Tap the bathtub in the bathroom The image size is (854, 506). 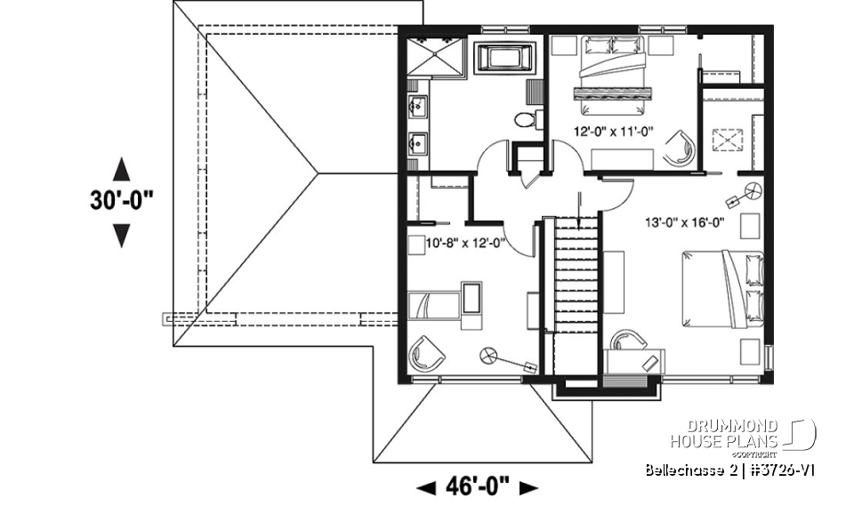pos(505,60)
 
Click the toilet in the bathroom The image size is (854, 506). pos(526,120)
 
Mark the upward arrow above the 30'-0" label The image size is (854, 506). pos(122,169)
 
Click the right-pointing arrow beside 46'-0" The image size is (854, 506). pos(528,486)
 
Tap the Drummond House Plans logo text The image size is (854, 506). pos(725,433)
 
